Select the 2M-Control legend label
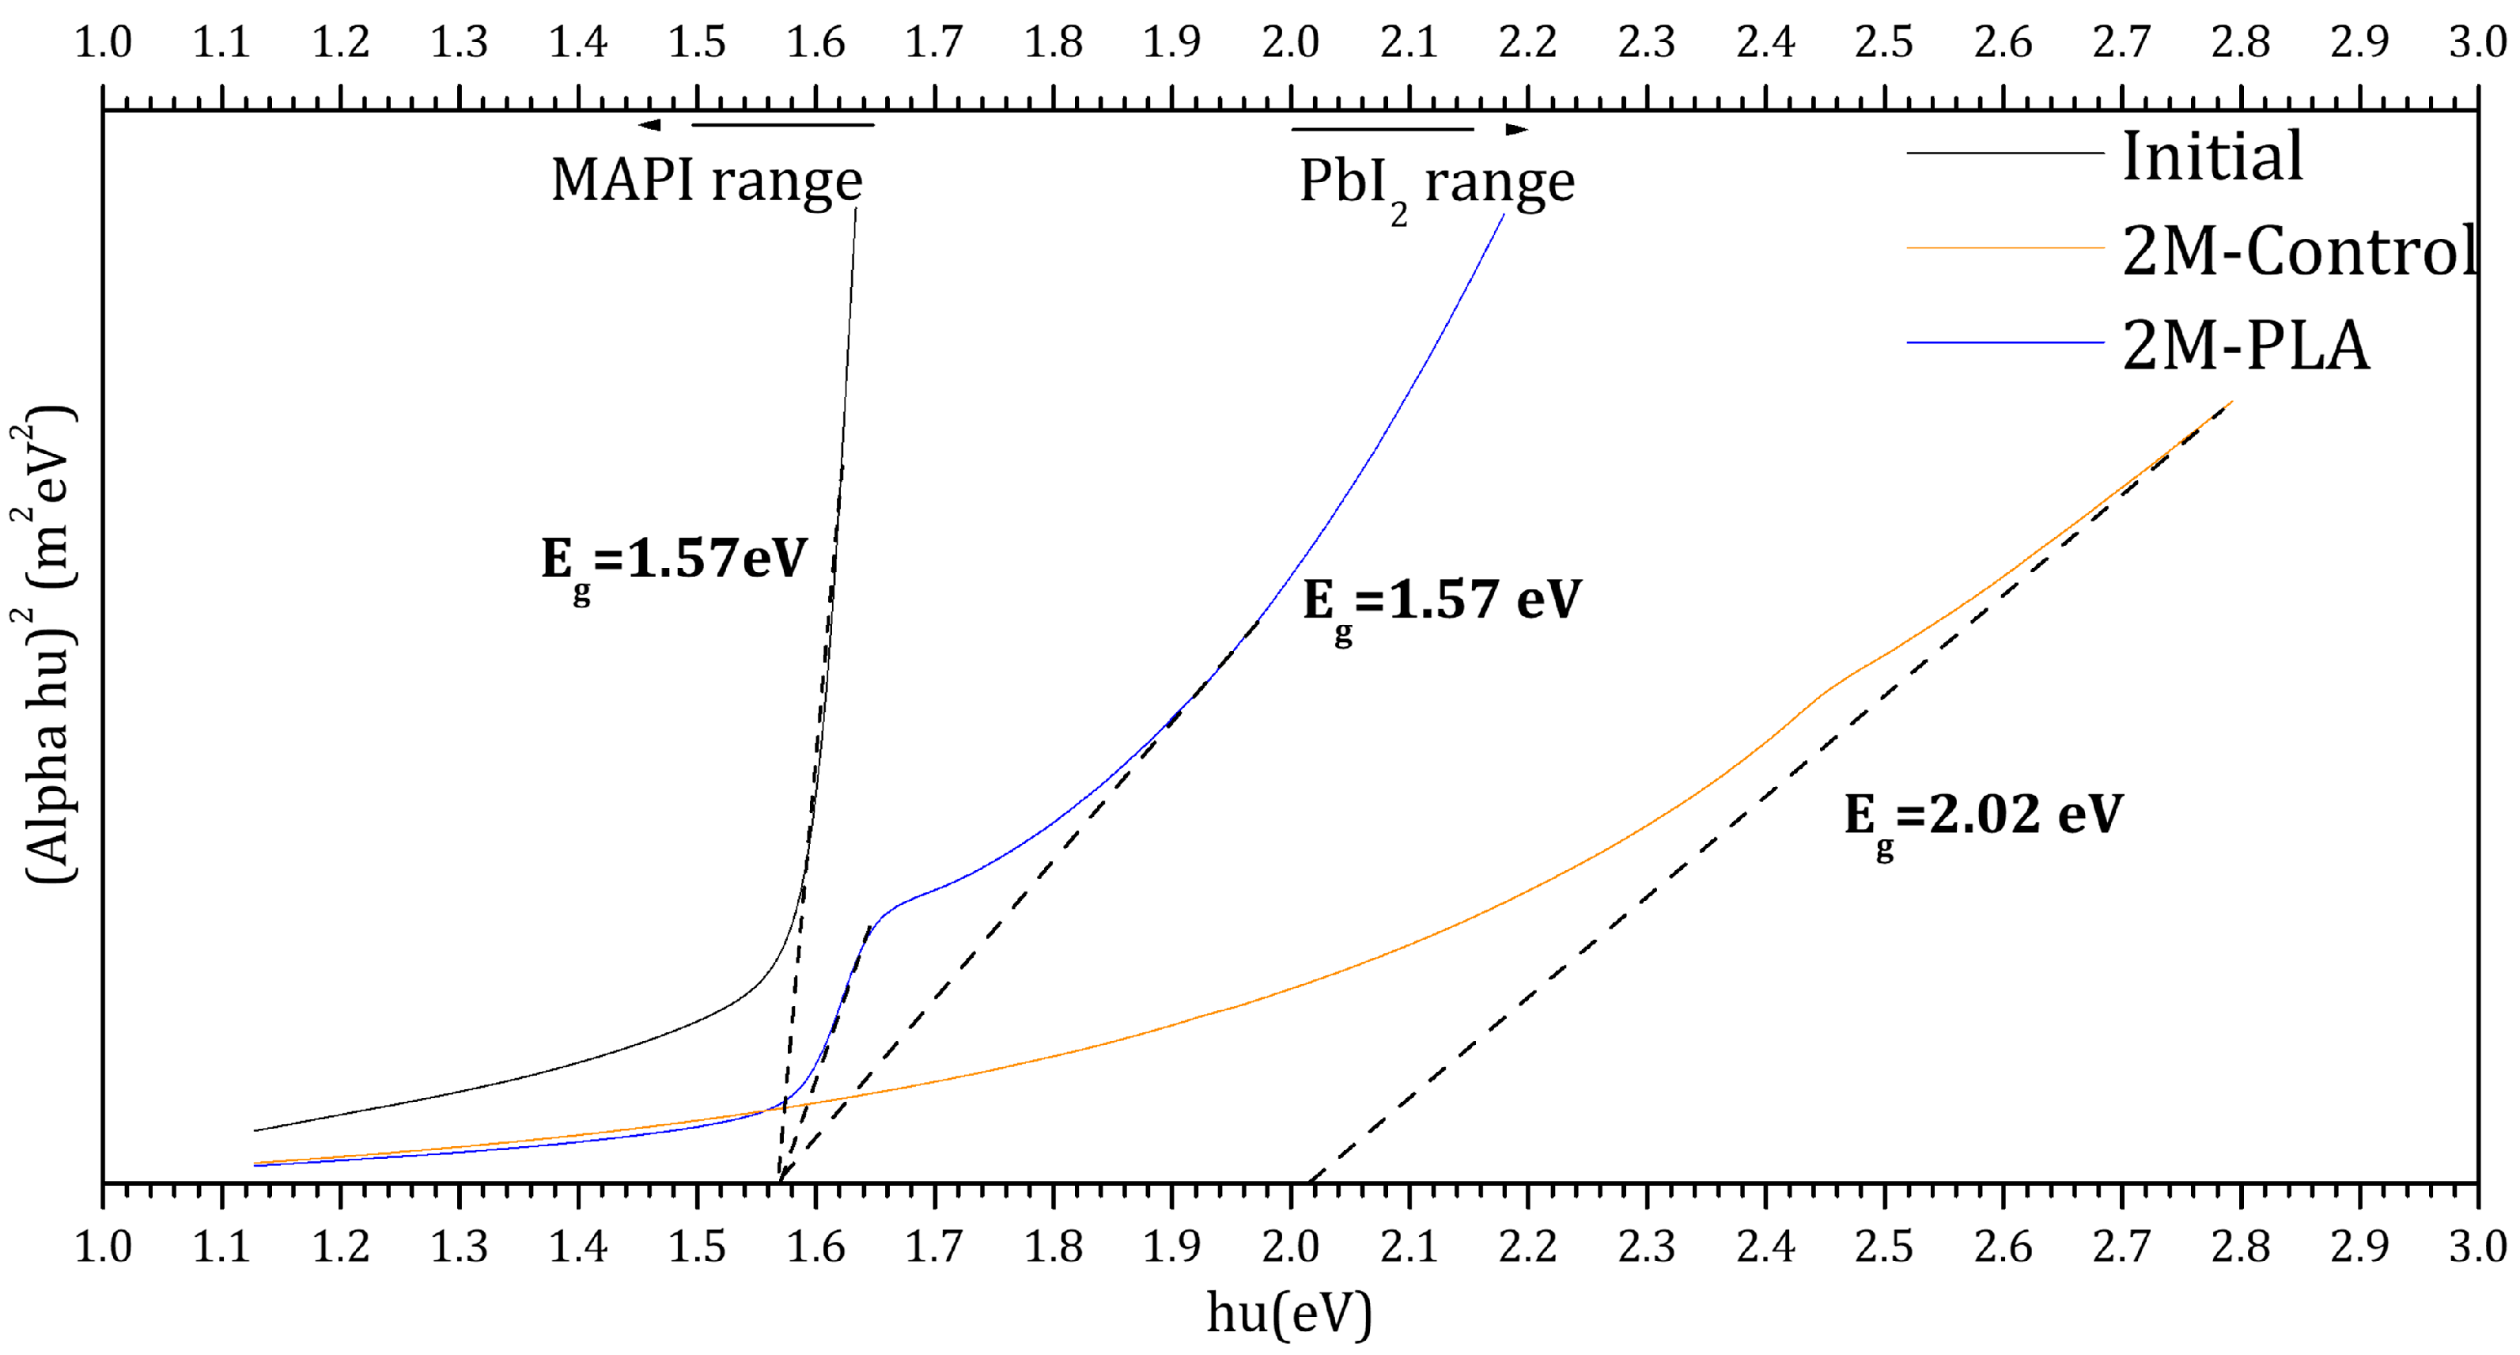point(2299,252)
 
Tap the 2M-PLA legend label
point(2245,346)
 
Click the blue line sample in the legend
point(2004,343)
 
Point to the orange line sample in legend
point(2004,248)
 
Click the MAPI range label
point(706,182)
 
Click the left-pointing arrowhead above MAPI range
point(649,125)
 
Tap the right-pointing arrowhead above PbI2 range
point(1516,129)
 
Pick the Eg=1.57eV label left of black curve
point(674,562)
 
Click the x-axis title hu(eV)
point(1288,1313)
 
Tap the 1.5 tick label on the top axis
point(697,42)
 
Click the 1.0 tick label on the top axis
point(103,42)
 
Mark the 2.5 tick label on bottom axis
point(1884,1247)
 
